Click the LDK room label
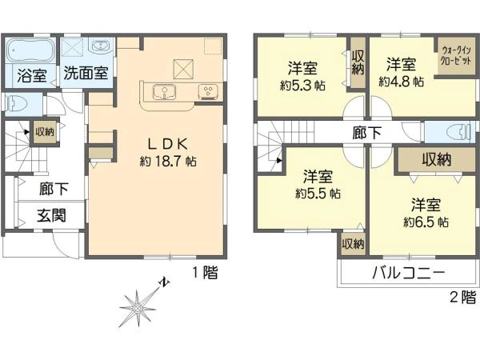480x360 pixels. (x=166, y=144)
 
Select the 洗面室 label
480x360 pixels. (x=86, y=72)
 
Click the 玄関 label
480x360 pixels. (x=51, y=215)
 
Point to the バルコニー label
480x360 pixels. (x=407, y=272)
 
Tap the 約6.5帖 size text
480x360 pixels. (x=426, y=222)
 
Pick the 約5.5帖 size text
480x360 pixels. (x=318, y=193)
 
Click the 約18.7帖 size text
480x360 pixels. (x=168, y=161)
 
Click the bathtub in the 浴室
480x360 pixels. (x=31, y=51)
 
